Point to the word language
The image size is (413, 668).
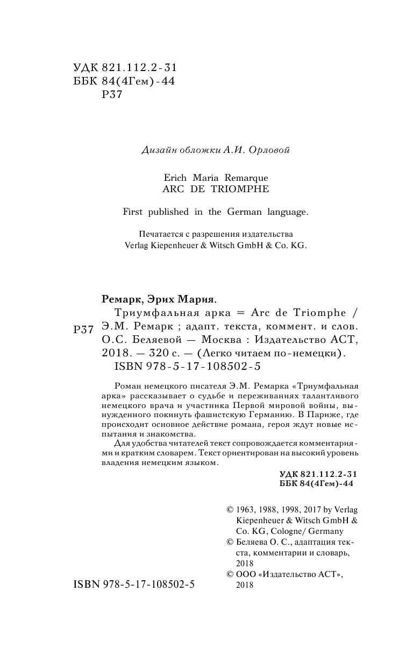click(x=284, y=212)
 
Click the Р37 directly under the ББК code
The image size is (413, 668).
click(x=112, y=96)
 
